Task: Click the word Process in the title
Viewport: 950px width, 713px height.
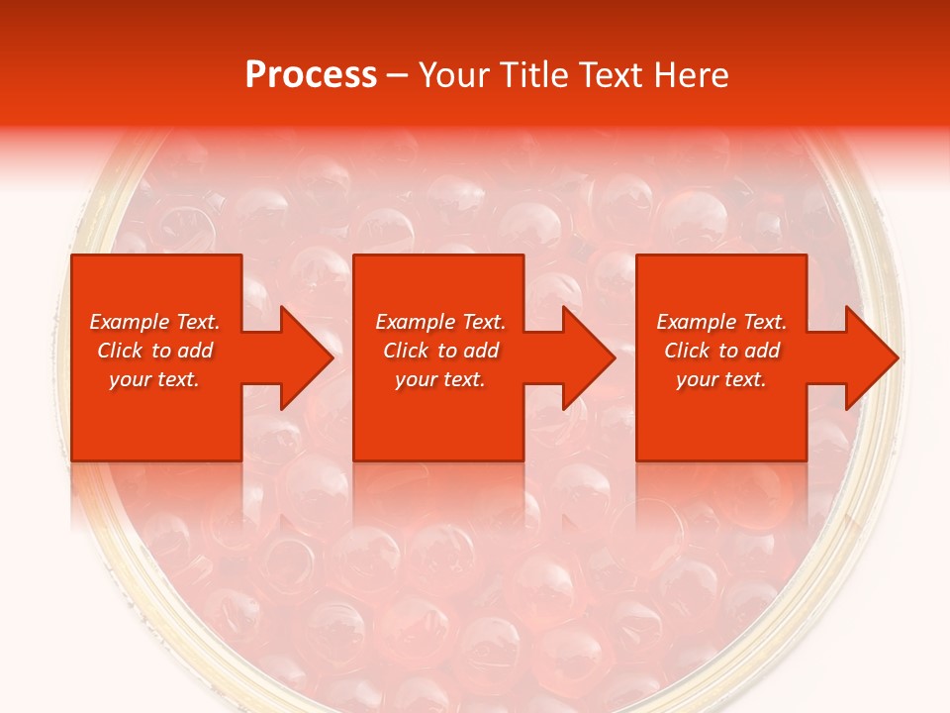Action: [311, 75]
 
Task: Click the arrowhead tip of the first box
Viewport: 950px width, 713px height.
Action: [332, 357]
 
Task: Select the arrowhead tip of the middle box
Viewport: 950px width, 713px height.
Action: [615, 357]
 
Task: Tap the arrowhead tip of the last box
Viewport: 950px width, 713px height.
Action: [898, 357]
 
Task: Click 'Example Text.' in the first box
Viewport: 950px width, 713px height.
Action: [154, 322]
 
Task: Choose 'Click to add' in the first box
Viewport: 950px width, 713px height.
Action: [154, 351]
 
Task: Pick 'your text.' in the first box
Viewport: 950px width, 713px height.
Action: [154, 379]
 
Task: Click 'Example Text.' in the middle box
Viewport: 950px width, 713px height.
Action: [440, 322]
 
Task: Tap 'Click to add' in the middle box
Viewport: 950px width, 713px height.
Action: [440, 351]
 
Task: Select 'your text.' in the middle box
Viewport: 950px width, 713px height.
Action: [440, 379]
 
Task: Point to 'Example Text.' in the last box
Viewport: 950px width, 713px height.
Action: [721, 322]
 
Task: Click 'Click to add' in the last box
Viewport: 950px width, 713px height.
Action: [721, 351]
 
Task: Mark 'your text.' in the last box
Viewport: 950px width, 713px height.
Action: [721, 379]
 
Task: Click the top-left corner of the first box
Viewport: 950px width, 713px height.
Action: [72, 255]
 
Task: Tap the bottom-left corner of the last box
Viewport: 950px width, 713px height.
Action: [637, 460]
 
